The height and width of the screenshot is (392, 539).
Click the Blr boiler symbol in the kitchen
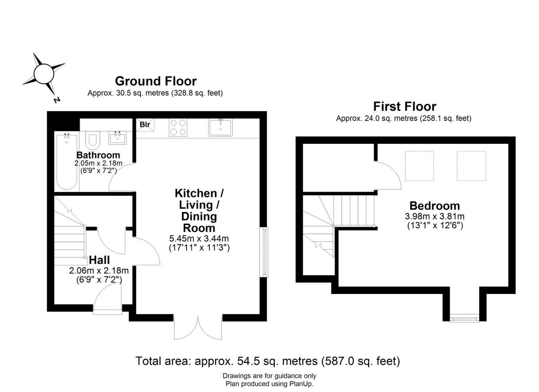click(x=145, y=125)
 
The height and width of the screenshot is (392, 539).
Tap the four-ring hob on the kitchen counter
click(x=178, y=127)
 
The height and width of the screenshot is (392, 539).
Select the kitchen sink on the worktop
click(x=220, y=127)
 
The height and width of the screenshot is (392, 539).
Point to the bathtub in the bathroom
click(x=67, y=162)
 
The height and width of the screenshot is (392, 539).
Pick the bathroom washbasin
click(x=118, y=138)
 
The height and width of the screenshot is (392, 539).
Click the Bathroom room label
click(x=98, y=155)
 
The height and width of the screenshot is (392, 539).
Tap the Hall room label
click(x=99, y=260)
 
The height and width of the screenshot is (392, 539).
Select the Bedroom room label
click(x=434, y=206)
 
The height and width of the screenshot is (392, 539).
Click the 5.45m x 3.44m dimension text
click(x=199, y=238)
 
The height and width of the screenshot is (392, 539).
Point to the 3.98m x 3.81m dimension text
click(x=434, y=216)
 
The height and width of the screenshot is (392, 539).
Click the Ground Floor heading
click(x=156, y=81)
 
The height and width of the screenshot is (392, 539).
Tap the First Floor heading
click(x=405, y=106)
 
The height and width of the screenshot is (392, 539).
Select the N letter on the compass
click(x=57, y=100)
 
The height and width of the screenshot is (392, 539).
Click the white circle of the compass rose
click(x=44, y=74)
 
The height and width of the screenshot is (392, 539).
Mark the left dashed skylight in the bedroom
click(x=420, y=166)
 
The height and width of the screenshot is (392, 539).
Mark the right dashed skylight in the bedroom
click(x=471, y=166)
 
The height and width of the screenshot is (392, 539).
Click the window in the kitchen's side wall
click(x=265, y=252)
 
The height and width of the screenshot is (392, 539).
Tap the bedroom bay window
click(x=464, y=318)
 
